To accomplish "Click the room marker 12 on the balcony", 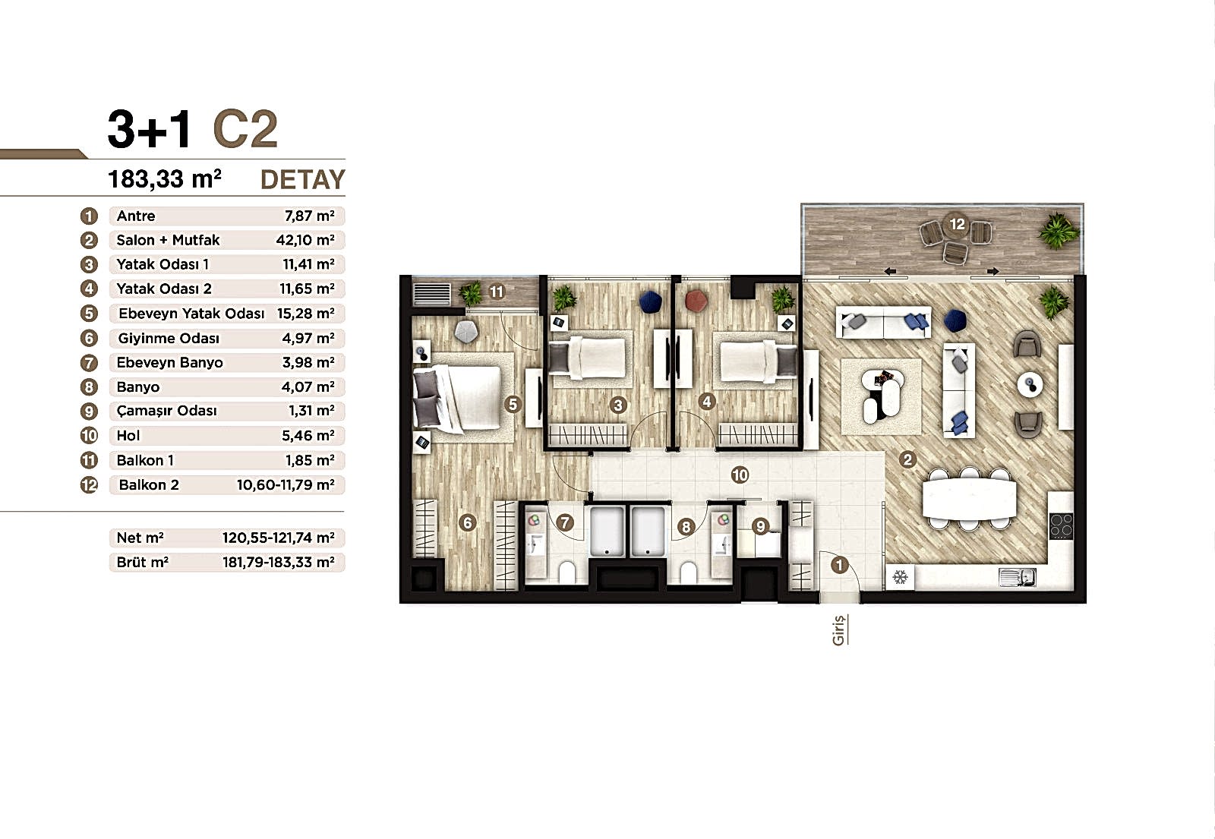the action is [957, 224].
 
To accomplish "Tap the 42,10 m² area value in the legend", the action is [305, 240].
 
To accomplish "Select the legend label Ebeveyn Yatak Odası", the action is [191, 314].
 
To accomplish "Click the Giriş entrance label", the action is [839, 629].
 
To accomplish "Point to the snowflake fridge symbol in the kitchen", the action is [900, 576].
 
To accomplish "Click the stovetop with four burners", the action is [1061, 525].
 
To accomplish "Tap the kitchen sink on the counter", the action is [1017, 577].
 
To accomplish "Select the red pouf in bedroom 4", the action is [696, 301].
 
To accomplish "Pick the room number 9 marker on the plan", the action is [760, 525].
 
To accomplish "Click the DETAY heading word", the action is [303, 179].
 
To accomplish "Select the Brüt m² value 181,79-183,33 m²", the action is [278, 563].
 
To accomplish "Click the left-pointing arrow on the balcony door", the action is [889, 272].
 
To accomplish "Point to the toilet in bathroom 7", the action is [566, 572].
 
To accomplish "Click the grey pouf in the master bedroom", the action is [466, 332].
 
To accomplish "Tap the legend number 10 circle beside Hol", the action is [89, 436].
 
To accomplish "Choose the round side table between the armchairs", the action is [1030, 385].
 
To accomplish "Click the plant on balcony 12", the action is [1058, 230].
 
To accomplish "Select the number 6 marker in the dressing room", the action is [467, 523].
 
